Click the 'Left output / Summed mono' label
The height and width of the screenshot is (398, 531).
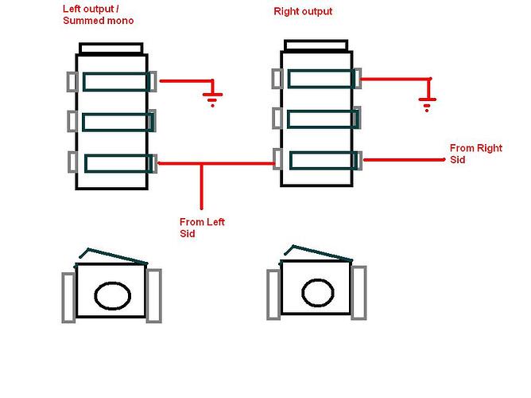99,15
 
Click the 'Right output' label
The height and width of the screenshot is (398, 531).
303,11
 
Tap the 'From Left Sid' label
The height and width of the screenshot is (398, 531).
202,228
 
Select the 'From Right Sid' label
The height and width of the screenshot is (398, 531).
476,154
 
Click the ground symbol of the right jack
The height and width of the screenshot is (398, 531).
428,103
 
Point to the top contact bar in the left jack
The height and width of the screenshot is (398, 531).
116,82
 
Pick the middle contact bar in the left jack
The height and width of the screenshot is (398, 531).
118,122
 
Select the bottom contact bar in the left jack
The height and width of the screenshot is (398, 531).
118,163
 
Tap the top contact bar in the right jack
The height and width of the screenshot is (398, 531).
321,79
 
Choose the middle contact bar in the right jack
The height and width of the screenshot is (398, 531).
323,119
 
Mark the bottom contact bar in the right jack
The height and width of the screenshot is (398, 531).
324,160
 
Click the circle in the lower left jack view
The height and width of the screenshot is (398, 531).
112,295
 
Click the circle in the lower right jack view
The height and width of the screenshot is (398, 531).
318,293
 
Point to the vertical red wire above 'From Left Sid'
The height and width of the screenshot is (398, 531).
202,186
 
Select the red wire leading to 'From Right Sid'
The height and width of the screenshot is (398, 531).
404,160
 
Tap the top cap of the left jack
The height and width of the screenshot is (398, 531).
111,48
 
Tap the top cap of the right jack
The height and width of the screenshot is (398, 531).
316,45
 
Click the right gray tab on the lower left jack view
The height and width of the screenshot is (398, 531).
153,295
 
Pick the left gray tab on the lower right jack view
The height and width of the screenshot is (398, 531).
273,295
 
